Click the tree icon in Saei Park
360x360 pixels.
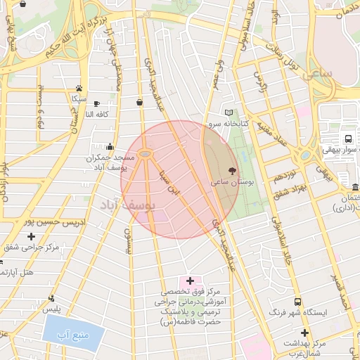(x=233, y=170)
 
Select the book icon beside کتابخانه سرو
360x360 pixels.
(x=227, y=112)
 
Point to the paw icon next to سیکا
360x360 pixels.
(x=79, y=89)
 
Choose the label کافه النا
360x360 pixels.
(x=98, y=114)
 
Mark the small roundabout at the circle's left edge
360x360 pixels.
(x=146, y=153)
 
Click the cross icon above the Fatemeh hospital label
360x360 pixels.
(x=190, y=281)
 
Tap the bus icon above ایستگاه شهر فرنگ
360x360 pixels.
(x=297, y=300)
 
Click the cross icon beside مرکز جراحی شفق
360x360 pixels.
(x=31, y=236)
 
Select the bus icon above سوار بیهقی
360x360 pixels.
(x=348, y=138)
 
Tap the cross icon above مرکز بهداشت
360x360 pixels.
(x=304, y=332)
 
